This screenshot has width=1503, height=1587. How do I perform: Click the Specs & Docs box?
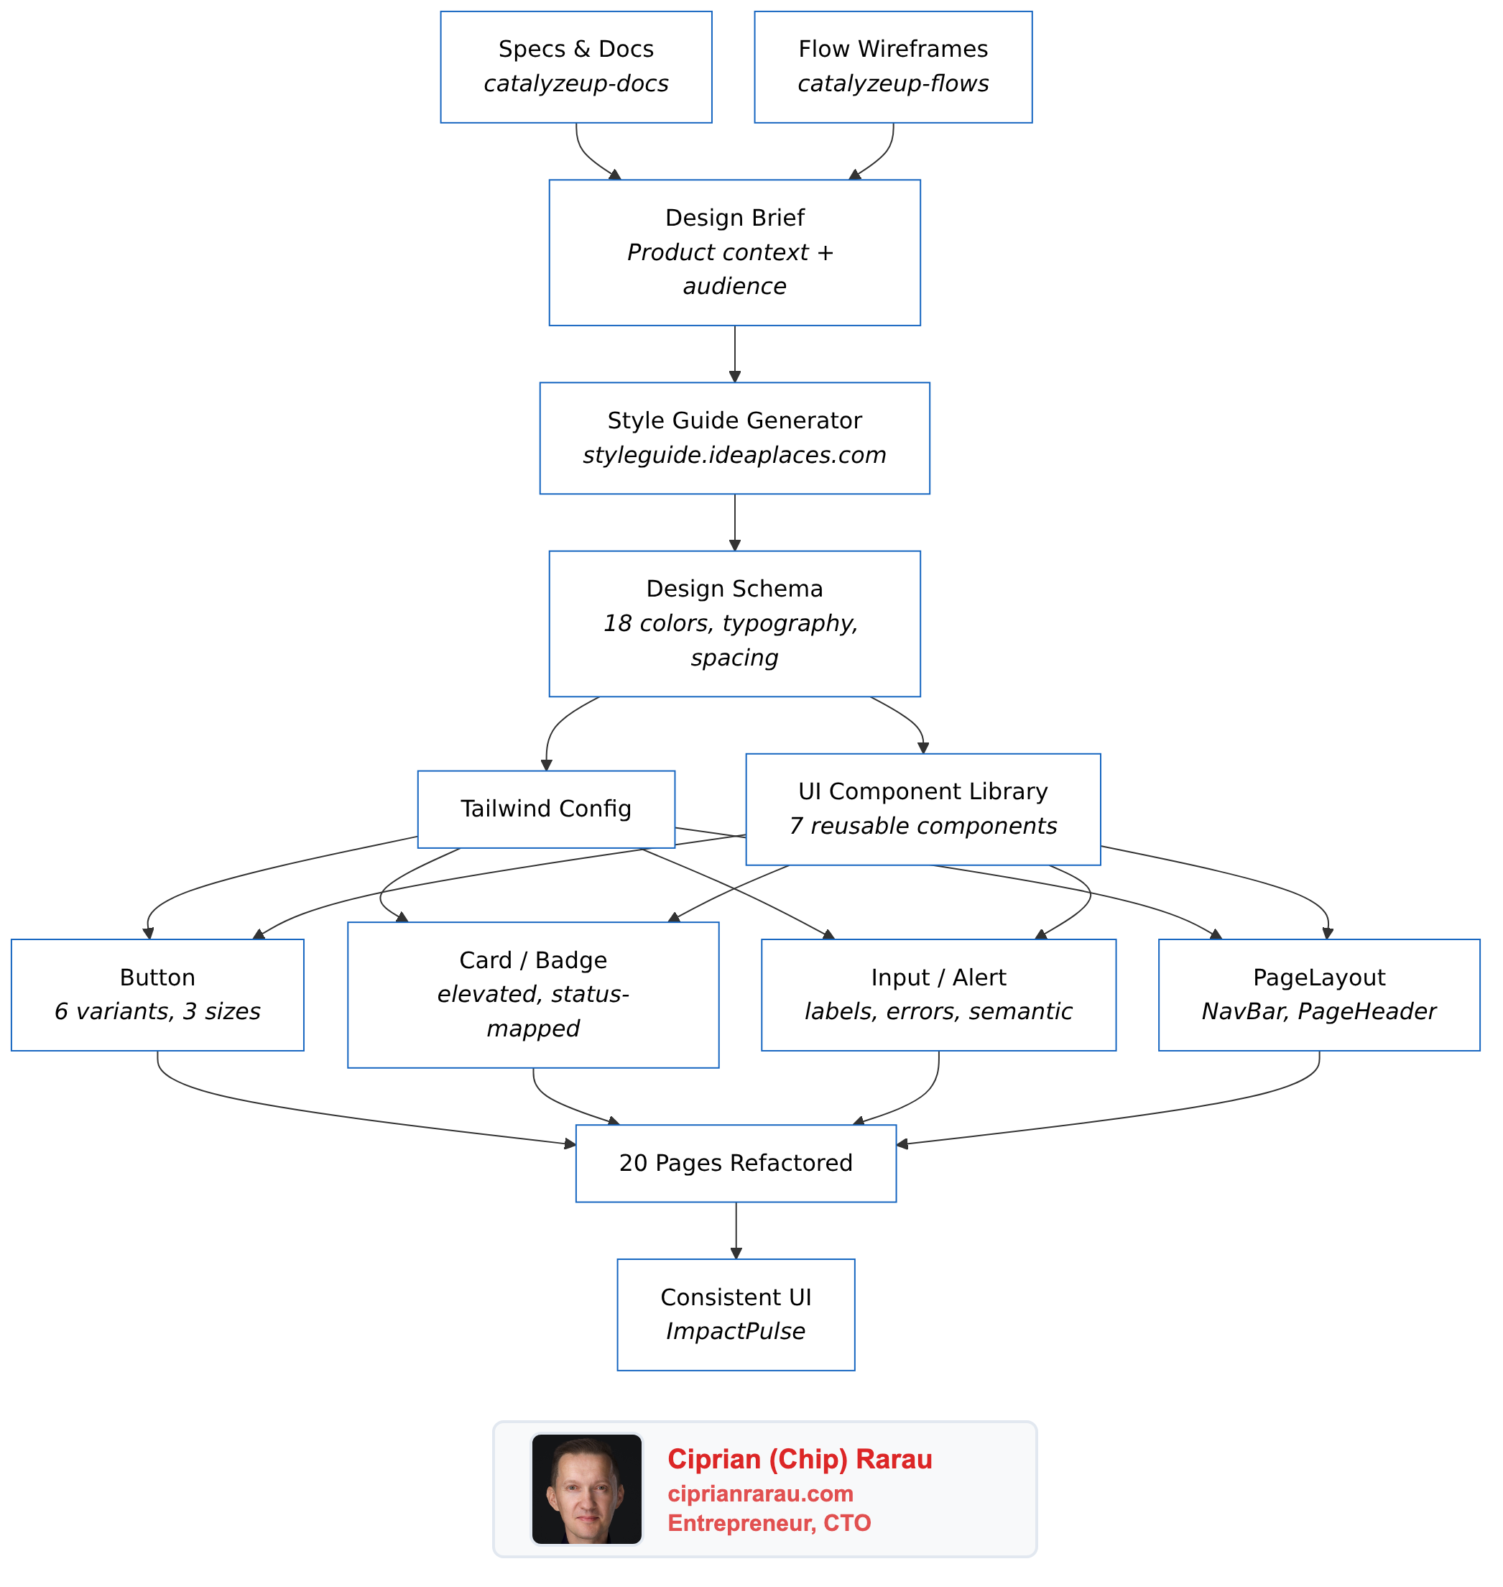(x=576, y=68)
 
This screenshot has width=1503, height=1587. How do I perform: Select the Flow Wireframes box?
(x=892, y=68)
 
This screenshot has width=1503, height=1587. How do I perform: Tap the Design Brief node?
(x=735, y=252)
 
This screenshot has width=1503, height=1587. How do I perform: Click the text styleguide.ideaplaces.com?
(x=735, y=455)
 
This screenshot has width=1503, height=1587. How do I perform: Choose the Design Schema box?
(x=735, y=624)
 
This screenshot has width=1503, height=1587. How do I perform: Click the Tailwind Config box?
(x=545, y=809)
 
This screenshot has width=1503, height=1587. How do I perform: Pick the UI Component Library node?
(x=923, y=809)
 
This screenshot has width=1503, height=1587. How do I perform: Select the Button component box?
(x=157, y=995)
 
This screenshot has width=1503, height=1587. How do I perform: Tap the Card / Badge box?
(x=533, y=995)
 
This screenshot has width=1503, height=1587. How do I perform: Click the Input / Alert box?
(x=938, y=995)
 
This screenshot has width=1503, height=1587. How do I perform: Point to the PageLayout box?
(x=1319, y=995)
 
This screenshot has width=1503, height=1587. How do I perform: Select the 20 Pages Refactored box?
(x=736, y=1163)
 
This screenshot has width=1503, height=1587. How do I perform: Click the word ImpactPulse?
(x=736, y=1331)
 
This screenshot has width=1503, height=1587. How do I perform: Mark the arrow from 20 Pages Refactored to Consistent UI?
(x=736, y=1230)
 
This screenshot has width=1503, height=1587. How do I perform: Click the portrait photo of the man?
(x=586, y=1489)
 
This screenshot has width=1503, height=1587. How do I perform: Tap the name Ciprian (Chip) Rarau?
(x=800, y=1460)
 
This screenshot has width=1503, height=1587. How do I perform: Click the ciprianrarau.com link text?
(x=760, y=1494)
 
